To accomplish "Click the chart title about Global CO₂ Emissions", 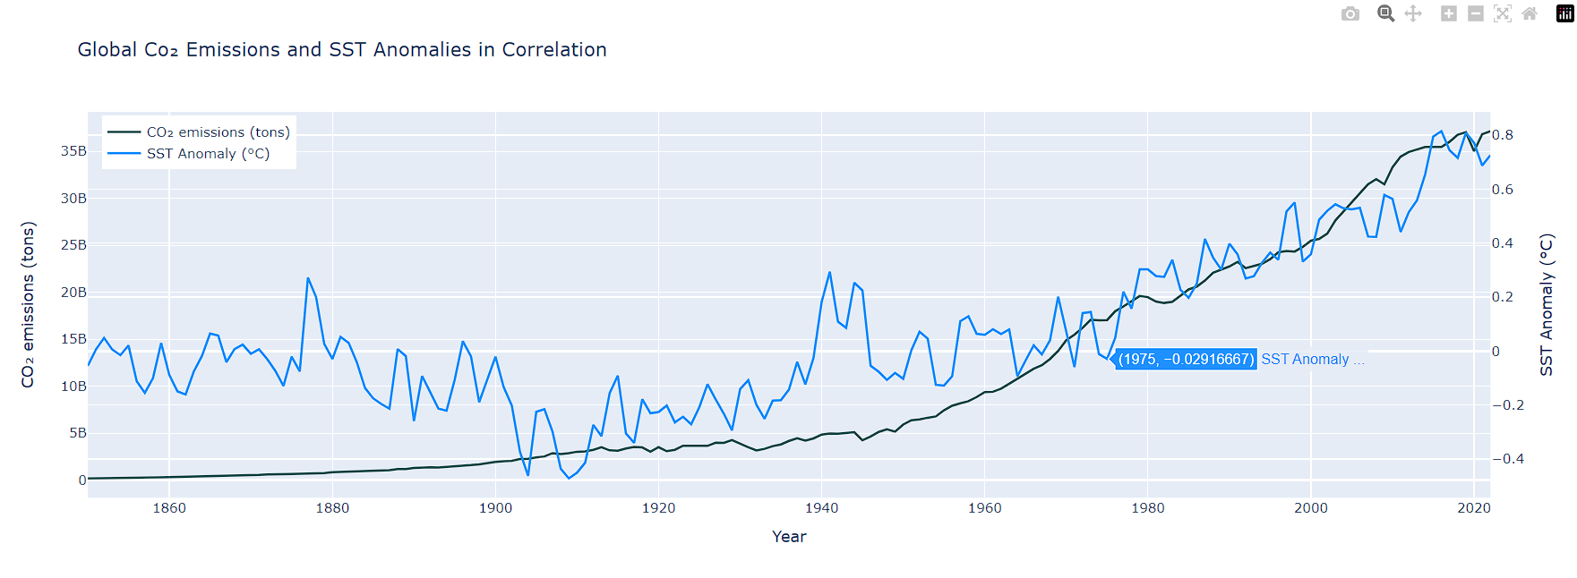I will pos(342,50).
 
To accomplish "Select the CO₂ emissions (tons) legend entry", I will pos(218,132).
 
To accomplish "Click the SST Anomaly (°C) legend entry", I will pos(208,154).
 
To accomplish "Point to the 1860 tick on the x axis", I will pos(169,508).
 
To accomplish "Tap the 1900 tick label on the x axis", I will pos(495,508).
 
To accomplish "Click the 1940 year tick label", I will pos(821,508).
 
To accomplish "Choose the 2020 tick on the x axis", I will pos(1473,508).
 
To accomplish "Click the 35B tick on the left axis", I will pos(73,151).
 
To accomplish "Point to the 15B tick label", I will pos(73,339).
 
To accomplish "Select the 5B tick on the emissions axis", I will pos(78,433).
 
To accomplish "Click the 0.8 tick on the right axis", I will pos(1502,135).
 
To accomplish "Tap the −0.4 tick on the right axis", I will pos(1507,459).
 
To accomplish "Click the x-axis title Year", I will pos(789,537).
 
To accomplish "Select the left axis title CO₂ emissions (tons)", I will pos(28,304).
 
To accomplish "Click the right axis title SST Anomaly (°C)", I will pos(1547,304).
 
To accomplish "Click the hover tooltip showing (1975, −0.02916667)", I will pos(1186,359).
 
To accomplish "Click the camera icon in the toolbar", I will pos(1350,13).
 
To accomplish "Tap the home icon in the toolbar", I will pos(1530,13).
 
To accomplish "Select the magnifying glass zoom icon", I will pos(1385,13).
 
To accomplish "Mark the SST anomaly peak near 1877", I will pos(308,278).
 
